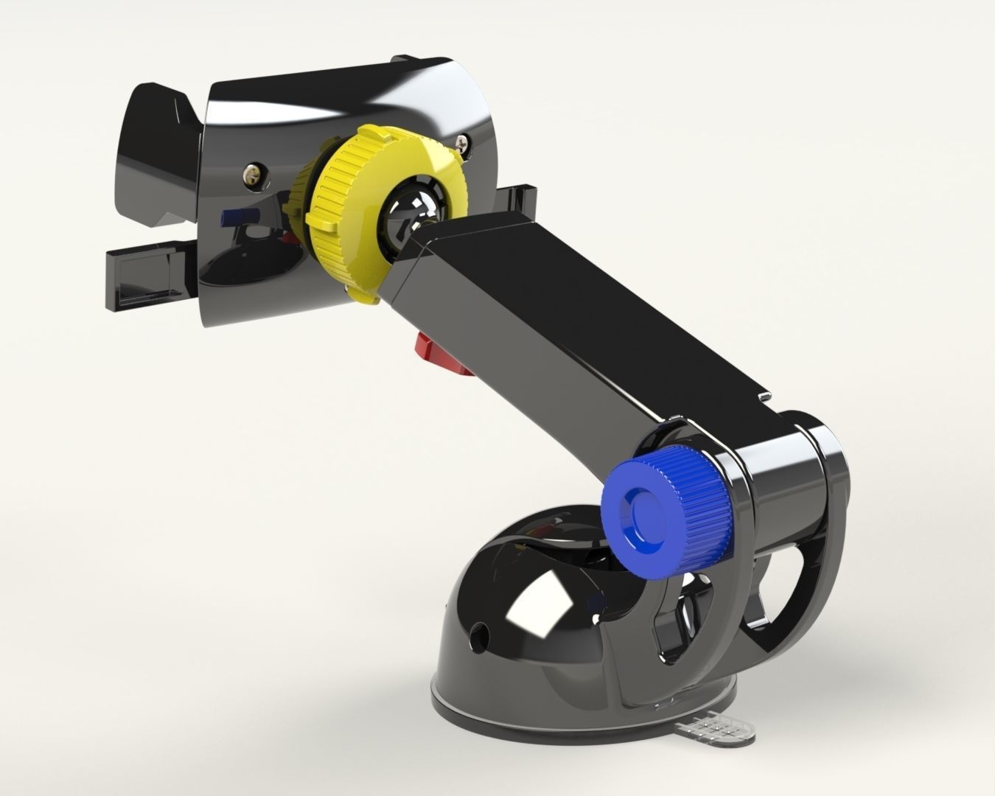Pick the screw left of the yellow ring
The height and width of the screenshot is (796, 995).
point(253,174)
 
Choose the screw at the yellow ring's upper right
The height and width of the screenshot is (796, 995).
point(461,138)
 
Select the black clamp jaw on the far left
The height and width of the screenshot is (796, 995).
point(155,155)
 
